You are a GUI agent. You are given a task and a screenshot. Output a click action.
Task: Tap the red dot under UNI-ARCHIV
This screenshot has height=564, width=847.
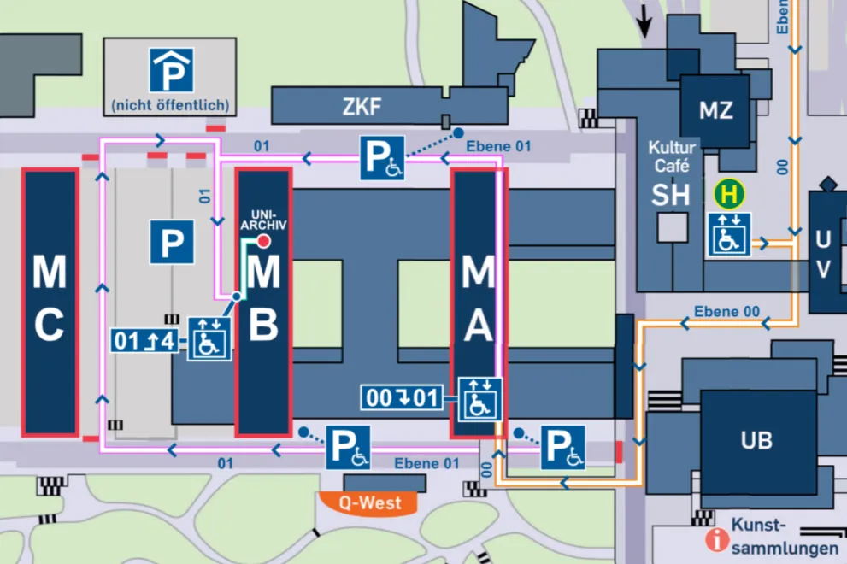[x=264, y=242]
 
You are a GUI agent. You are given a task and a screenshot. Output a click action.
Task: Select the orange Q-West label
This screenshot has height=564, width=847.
[x=369, y=502]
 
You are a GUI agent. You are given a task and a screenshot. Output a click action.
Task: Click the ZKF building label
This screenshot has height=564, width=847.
[x=362, y=108]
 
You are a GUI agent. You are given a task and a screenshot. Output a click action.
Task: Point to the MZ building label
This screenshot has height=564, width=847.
[x=715, y=110]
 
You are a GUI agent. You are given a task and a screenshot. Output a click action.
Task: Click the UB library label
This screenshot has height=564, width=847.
[x=756, y=440]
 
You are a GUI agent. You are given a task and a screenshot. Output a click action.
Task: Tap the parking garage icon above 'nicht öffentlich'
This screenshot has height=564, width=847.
[x=171, y=70]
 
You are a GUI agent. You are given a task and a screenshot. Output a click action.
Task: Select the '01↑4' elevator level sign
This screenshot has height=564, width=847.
[x=144, y=342]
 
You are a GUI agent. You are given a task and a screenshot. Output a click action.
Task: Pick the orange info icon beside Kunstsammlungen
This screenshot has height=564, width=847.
[x=713, y=539]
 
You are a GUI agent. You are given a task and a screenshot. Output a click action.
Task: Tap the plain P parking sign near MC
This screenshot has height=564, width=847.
[x=172, y=242]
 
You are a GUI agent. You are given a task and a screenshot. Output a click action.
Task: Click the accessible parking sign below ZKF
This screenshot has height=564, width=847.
[x=381, y=158]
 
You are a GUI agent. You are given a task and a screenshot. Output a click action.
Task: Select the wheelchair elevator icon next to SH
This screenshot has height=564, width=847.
[x=728, y=234]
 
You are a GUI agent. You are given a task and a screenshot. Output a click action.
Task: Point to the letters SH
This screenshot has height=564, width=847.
[x=670, y=195]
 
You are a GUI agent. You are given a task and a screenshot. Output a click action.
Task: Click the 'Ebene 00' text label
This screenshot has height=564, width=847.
[x=726, y=311]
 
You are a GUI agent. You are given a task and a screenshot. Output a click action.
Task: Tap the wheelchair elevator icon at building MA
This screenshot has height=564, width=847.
[x=479, y=398]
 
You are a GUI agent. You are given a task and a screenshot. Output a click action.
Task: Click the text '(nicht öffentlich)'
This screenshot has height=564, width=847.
[x=170, y=106]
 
